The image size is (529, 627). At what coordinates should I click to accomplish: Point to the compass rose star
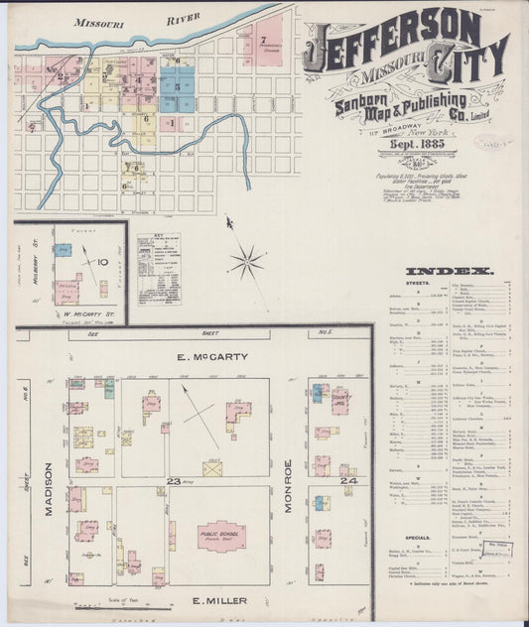(246, 262)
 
